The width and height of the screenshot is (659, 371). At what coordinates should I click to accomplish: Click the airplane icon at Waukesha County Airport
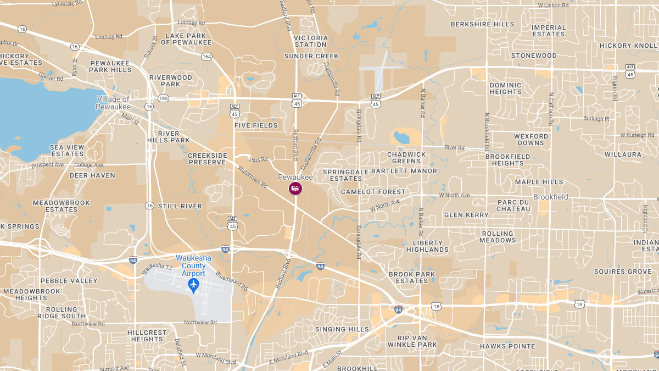coord(193,284)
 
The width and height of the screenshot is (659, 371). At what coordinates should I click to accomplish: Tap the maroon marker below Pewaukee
coord(295,189)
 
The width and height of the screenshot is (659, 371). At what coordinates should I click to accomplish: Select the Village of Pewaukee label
coord(114,103)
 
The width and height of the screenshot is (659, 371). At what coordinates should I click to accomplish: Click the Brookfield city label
coord(551,197)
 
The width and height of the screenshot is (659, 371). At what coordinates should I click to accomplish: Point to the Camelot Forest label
coord(373,192)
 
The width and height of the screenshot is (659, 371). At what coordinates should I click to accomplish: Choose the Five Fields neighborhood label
coord(256,125)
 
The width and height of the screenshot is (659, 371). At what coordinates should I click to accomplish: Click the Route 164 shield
coord(206,57)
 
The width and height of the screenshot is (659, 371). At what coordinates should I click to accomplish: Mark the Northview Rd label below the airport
coord(200,323)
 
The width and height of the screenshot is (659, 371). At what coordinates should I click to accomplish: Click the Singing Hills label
coord(342,329)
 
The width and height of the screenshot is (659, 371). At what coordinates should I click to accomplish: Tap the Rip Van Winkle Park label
coord(412,341)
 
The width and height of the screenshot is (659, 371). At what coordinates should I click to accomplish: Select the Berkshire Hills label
coord(482,24)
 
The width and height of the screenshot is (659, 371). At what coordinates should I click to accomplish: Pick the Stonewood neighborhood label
coord(534,56)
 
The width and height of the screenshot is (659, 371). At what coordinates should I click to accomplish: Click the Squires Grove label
coord(622,272)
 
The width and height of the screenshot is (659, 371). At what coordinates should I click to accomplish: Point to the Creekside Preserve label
coord(208,159)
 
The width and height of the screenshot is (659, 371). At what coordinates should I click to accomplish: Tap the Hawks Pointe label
coord(507,346)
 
